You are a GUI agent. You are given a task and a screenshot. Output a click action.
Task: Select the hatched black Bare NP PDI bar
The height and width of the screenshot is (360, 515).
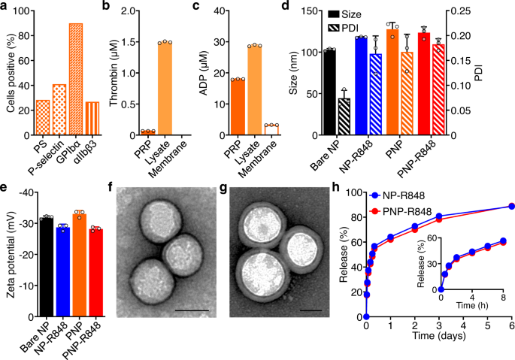[x=344, y=117]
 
